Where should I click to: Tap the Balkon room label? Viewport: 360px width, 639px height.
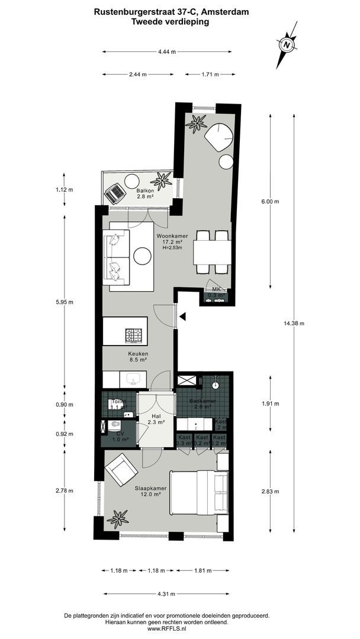point(145,193)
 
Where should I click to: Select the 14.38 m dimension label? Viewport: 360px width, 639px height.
point(294,323)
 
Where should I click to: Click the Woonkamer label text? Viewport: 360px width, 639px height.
point(172,235)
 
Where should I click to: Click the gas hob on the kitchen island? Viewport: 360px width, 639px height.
point(135,335)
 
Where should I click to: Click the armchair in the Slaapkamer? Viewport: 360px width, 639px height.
point(121,469)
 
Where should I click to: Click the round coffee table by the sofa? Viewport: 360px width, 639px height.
point(143,256)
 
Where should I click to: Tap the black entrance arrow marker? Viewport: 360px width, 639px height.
point(184,317)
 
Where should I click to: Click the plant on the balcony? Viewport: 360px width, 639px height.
point(162,179)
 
